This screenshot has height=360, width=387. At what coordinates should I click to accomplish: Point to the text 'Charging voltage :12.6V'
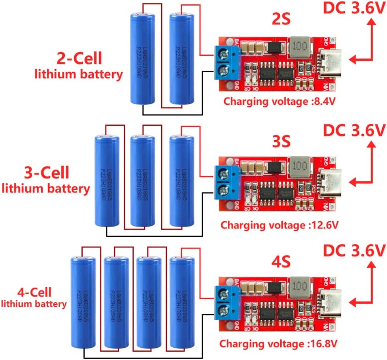pyautogui.click(x=279, y=225)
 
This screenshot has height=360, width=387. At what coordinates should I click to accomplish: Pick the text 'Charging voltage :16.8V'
pyautogui.click(x=279, y=342)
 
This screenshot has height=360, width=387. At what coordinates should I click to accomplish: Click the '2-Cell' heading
pyautogui.click(x=79, y=58)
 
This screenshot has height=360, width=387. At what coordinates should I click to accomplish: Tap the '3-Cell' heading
pyautogui.click(x=47, y=172)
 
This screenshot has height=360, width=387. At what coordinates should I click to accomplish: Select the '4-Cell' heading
pyautogui.click(x=34, y=292)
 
